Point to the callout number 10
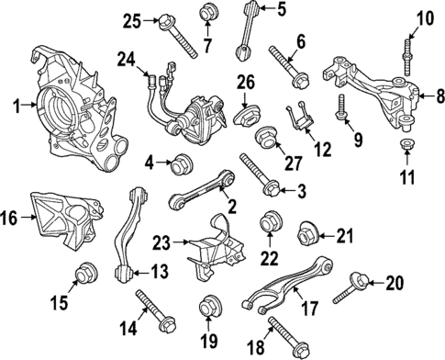(x=424, y=18)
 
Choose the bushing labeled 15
(x=85, y=273)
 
